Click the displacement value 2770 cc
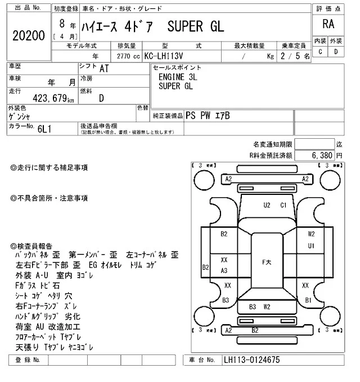pyautogui.click(x=127, y=56)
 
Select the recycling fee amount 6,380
pyautogui.click(x=322, y=154)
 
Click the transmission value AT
pyautogui.click(x=104, y=69)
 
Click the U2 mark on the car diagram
pyautogui.click(x=267, y=205)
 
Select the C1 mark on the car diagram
pyautogui.click(x=284, y=205)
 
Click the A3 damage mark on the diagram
pyautogui.click(x=224, y=271)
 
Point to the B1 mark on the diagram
pyautogui.click(x=308, y=301)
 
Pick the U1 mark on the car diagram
pyautogui.click(x=311, y=246)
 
